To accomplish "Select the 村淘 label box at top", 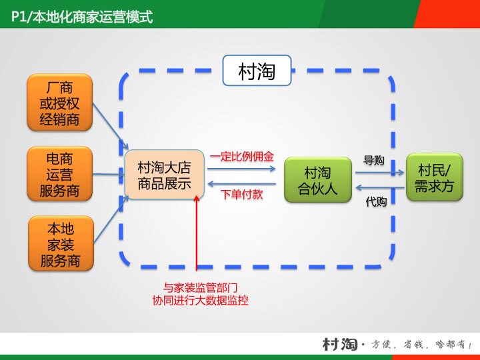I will coord(257,71).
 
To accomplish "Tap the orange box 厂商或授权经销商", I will coord(59,103).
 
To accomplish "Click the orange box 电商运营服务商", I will coord(59,175).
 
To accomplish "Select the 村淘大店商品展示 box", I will coord(164,175).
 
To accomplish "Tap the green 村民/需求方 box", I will coord(434,177).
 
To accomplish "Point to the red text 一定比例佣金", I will coord(241,157).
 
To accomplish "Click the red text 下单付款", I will coord(241,195).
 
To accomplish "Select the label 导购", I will coord(374,161).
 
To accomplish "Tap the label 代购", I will coord(376,201).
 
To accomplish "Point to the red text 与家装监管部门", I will coord(201,288).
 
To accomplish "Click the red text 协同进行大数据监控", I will coord(201,301).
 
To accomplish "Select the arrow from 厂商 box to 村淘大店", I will coord(110,126).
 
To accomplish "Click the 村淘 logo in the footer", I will coord(340,344).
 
